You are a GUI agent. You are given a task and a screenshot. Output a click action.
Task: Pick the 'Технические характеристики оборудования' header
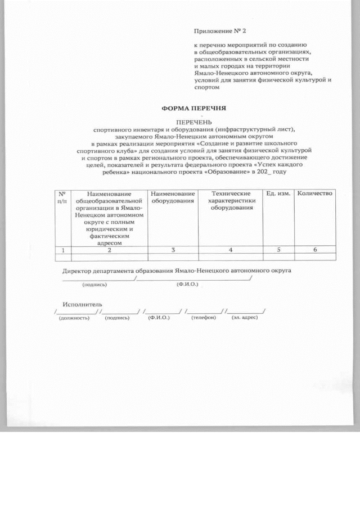231,201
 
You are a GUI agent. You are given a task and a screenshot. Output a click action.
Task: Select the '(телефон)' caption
203,318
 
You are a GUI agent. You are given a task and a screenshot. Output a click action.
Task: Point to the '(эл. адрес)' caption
244,318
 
